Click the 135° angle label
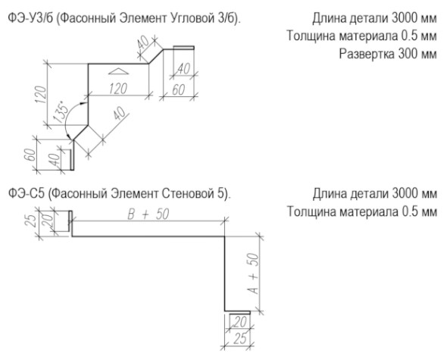[x=61, y=111]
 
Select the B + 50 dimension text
[x=148, y=214]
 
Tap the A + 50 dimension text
[x=254, y=274]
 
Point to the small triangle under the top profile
[x=119, y=71]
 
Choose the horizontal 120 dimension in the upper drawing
[x=118, y=89]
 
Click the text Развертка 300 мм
[x=388, y=54]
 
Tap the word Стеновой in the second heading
[x=186, y=194]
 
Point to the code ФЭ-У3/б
[x=31, y=19]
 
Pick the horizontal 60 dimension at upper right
[x=179, y=90]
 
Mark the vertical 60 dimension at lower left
[x=31, y=155]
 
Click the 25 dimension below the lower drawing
[x=239, y=339]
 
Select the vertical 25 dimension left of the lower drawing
[x=31, y=220]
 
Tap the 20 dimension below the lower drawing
[x=239, y=322]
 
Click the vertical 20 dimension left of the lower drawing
[x=49, y=220]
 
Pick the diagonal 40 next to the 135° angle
[x=119, y=114]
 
